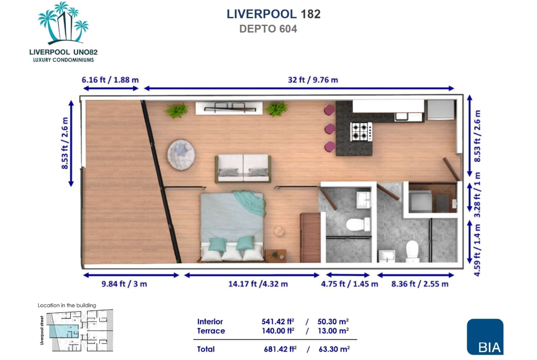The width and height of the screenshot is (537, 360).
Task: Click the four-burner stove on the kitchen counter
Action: (361, 132)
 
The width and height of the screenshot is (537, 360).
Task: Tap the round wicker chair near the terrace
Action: (181, 155)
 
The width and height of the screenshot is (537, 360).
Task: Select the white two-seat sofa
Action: (243, 168)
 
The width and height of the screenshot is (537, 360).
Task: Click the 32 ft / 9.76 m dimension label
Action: (313, 80)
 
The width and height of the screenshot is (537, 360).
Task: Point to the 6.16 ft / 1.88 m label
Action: (110, 80)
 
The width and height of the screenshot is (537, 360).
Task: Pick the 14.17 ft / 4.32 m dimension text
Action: (258, 284)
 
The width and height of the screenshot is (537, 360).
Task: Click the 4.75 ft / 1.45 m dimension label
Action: (349, 284)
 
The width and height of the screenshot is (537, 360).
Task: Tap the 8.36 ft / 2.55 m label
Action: (420, 284)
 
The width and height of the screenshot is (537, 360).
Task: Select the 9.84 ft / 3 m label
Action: (124, 284)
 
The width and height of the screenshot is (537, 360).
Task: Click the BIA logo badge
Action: (485, 337)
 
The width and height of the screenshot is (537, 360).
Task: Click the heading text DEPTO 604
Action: (268, 29)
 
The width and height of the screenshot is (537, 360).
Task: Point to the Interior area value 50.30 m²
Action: (333, 321)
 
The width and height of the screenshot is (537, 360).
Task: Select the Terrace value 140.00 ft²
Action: (278, 331)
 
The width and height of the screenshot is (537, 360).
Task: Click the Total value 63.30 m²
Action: (334, 349)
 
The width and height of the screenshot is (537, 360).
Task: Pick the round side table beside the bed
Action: (279, 231)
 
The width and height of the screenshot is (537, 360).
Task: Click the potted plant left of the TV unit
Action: (177, 110)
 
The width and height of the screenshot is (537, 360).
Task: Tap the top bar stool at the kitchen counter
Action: (330, 110)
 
